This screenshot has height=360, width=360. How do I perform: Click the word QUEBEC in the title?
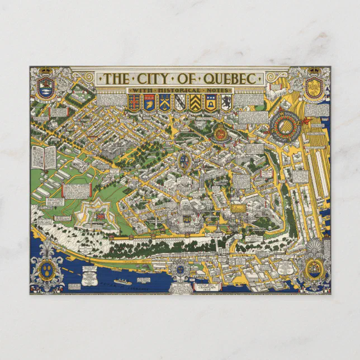pos(229,78)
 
